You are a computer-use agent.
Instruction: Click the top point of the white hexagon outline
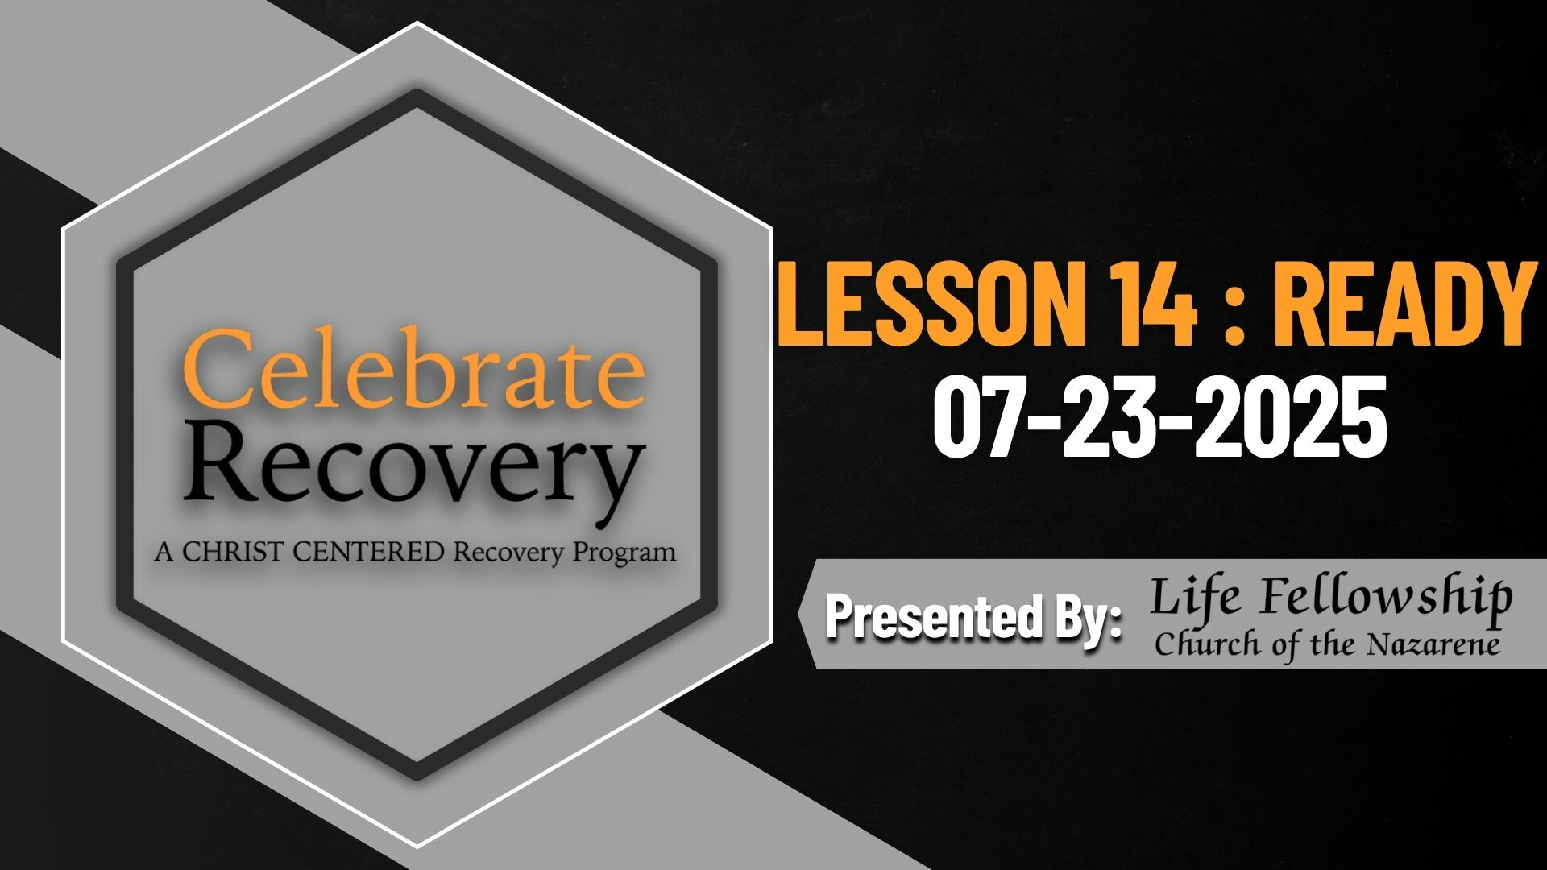coord(417,23)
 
